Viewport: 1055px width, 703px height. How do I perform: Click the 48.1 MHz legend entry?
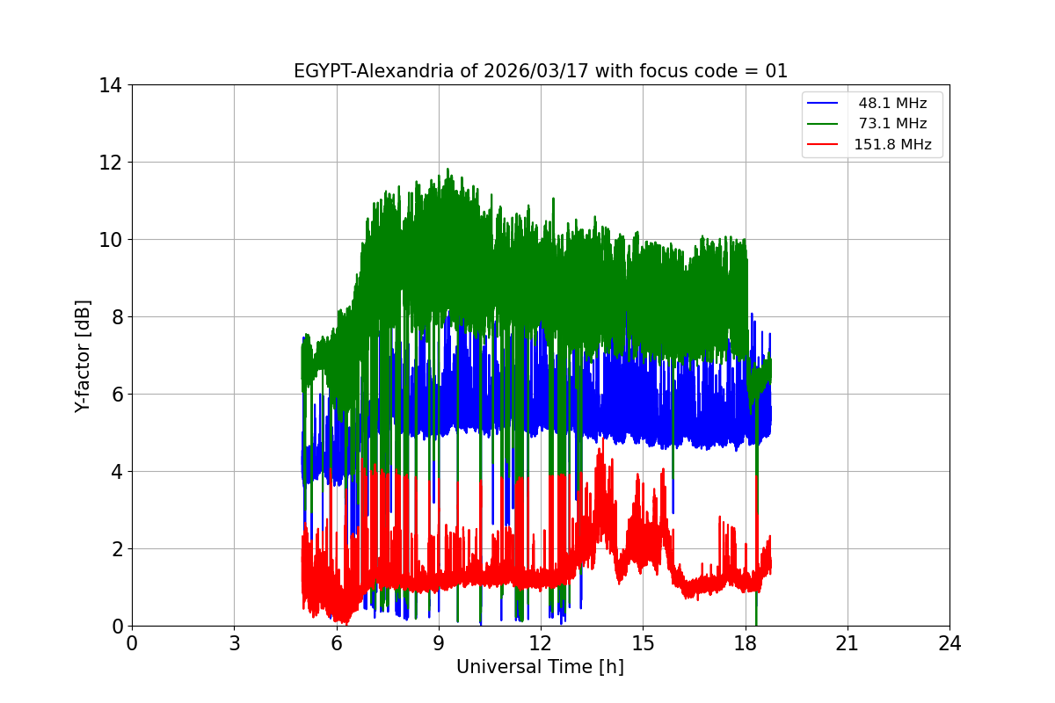(x=892, y=103)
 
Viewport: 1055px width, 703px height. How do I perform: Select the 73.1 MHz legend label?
(x=892, y=124)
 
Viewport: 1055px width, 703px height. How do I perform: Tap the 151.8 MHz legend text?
(x=892, y=145)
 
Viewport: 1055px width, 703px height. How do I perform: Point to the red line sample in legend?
(x=822, y=145)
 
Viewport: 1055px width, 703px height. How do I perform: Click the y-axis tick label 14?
(x=110, y=85)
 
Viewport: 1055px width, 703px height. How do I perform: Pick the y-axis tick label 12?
(x=110, y=163)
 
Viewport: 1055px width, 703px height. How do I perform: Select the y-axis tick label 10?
(x=110, y=240)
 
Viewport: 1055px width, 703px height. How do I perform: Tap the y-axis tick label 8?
(x=115, y=317)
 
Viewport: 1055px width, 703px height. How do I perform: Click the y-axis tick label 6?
(x=115, y=395)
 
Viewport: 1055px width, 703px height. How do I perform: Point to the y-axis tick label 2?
(x=115, y=549)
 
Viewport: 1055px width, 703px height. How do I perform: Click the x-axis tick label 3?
(x=234, y=644)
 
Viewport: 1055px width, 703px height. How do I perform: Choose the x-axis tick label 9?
(x=439, y=644)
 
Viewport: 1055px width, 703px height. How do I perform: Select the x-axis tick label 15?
(x=643, y=644)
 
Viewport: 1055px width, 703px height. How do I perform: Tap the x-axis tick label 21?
(x=848, y=644)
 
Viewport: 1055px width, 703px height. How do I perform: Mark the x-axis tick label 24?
(x=949, y=644)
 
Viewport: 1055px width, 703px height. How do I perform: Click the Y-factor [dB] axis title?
(x=83, y=356)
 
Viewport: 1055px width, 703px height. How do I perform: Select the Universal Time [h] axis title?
(x=540, y=668)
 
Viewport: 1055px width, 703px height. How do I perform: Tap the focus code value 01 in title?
(x=776, y=71)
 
